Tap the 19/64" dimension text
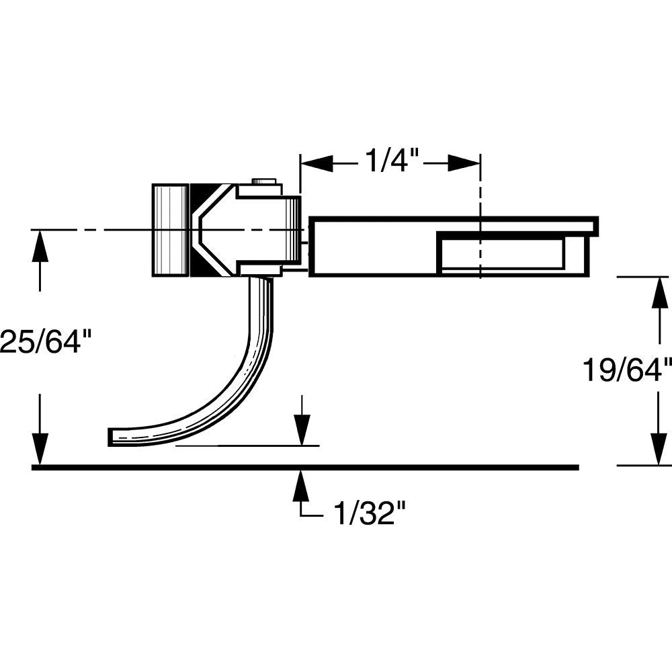627,370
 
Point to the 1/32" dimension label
370,515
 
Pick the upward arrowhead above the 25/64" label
40,246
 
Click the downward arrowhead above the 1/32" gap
302,430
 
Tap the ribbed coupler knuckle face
170,230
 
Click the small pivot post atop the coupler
265,181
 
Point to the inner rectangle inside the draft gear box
501,253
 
